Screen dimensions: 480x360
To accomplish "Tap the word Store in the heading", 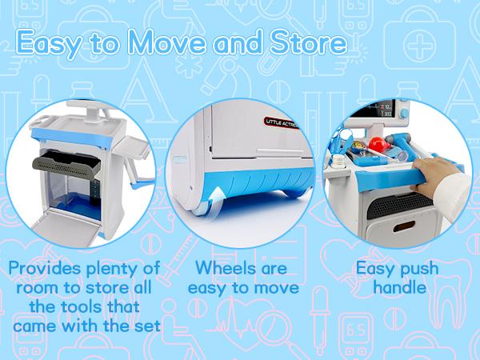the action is [308, 42].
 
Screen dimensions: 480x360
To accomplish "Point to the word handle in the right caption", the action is [399, 287].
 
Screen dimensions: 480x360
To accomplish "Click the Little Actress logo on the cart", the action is [281, 122].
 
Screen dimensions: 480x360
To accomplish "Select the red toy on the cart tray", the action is [378, 144].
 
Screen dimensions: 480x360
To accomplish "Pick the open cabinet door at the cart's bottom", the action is [66, 227].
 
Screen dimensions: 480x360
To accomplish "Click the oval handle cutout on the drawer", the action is [404, 226].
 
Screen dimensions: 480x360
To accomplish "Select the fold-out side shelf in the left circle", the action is [131, 149].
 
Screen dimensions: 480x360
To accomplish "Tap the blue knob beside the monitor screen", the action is [404, 114].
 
